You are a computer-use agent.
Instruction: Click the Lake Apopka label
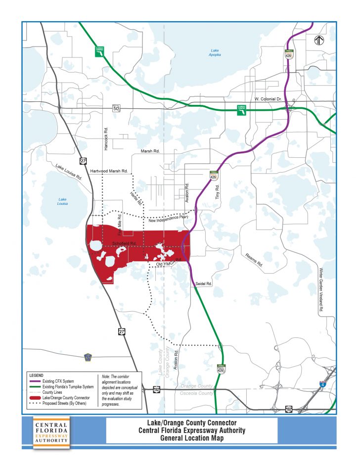click(x=215, y=52)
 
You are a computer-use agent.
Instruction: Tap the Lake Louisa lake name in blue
click(x=62, y=201)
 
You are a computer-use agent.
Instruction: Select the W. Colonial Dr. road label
click(x=268, y=99)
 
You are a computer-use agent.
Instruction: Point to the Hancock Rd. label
click(x=106, y=138)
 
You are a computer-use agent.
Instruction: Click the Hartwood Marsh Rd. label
click(x=109, y=171)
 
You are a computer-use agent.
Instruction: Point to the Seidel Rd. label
click(x=203, y=284)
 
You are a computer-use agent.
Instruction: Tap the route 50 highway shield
click(x=116, y=108)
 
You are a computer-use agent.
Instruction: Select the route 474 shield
click(x=88, y=357)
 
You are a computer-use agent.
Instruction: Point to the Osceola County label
click(x=197, y=393)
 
